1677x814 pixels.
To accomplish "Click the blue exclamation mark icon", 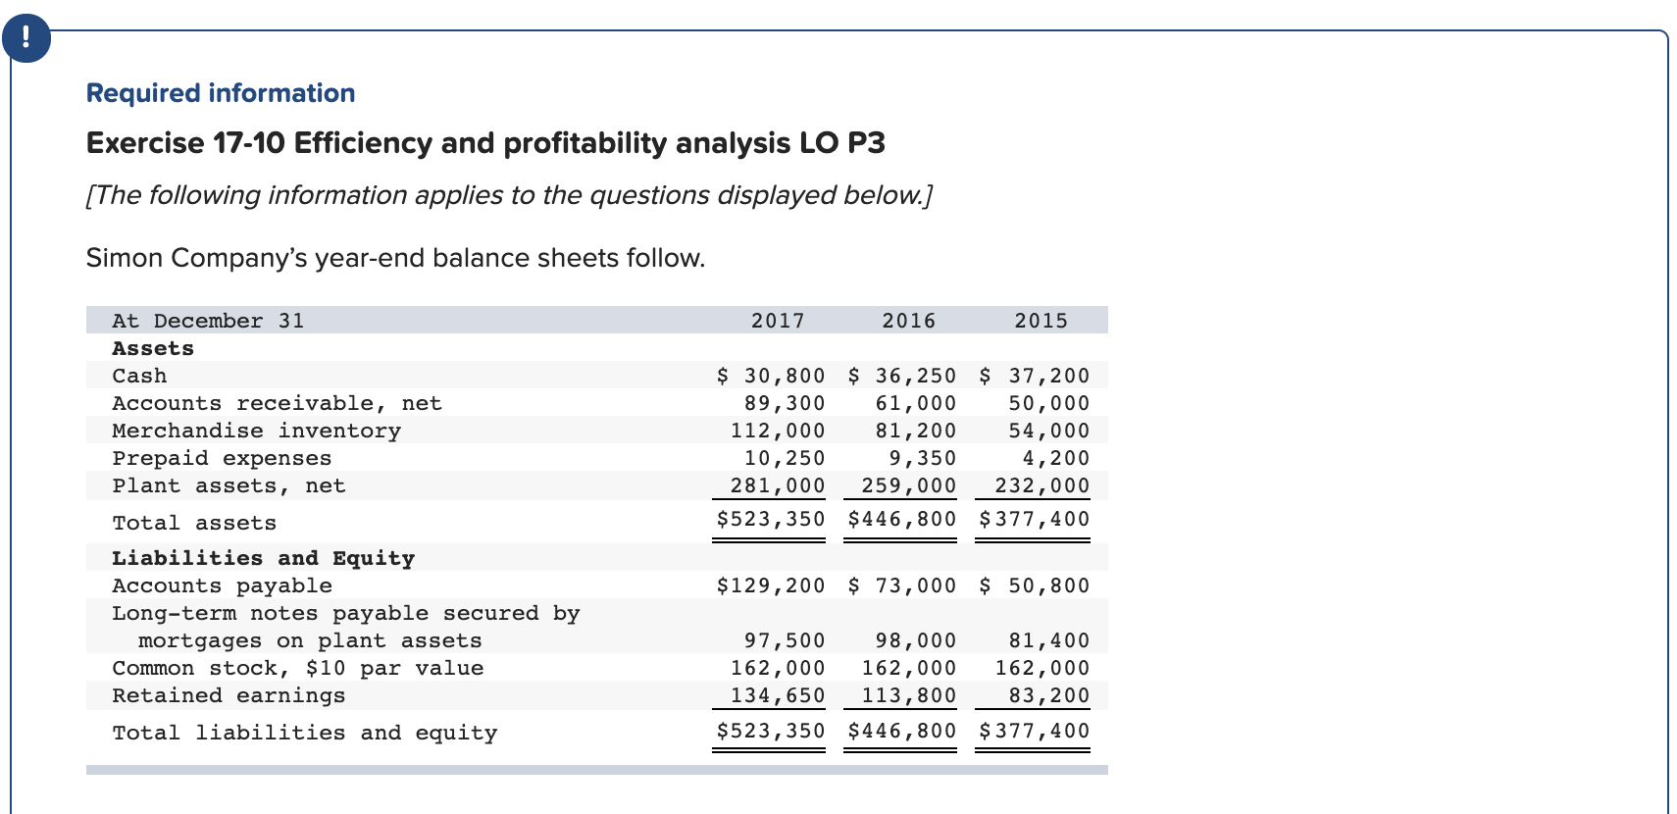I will [25, 38].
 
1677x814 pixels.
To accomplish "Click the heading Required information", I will [221, 93].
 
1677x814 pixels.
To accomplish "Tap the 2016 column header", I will [908, 321].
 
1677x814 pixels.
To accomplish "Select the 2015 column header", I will [1041, 321].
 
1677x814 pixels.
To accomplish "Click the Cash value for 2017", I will [772, 376].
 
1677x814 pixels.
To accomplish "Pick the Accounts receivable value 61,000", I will [915, 403].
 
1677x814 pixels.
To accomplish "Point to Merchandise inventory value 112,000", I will [778, 431].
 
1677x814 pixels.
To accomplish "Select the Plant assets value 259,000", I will [908, 485].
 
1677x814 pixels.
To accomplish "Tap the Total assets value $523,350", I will [771, 519].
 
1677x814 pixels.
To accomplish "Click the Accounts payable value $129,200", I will [771, 585].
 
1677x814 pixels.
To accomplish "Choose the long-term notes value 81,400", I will [1048, 640].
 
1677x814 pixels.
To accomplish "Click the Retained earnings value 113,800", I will [908, 695].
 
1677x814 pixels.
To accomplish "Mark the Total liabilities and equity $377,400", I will [1034, 731].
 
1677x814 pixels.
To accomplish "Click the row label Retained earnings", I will [229, 695].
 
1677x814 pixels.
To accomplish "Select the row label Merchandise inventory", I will [256, 431].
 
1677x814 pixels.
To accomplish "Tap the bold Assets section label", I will [153, 348].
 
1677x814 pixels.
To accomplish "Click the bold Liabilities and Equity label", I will [263, 558].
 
